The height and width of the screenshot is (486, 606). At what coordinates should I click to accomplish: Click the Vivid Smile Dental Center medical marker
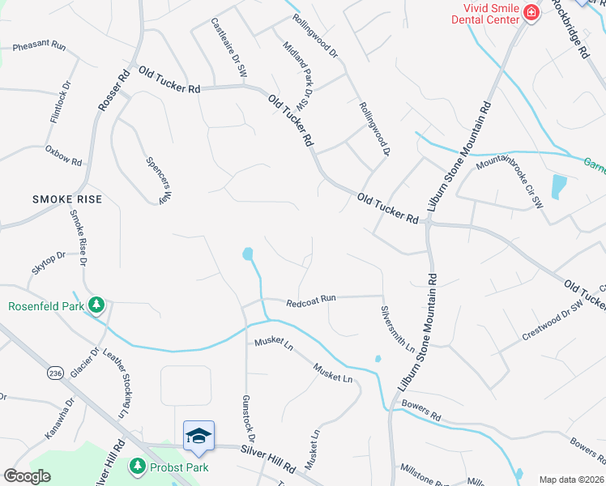tap(531, 13)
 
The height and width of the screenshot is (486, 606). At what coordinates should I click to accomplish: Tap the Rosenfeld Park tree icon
tap(97, 305)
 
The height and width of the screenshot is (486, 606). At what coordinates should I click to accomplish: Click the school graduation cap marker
tap(198, 435)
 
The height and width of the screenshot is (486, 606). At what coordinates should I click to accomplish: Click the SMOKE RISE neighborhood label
tap(67, 198)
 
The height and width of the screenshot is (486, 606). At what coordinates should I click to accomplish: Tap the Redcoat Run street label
tap(311, 300)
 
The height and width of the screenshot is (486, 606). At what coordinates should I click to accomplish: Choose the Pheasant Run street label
tap(39, 47)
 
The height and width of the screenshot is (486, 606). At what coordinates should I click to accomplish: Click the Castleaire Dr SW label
tap(228, 49)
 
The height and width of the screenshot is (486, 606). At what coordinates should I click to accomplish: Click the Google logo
tap(27, 475)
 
